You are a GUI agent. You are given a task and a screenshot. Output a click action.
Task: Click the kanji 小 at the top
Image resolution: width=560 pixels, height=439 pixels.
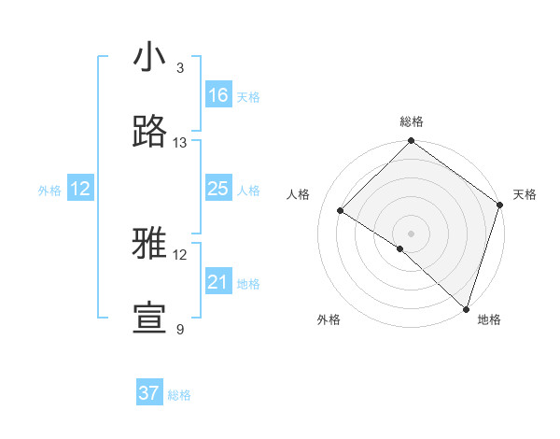click(149, 57)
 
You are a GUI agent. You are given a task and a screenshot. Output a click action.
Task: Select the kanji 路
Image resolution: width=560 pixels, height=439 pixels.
click(149, 132)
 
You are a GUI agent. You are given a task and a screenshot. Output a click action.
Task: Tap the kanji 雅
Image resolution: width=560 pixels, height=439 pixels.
click(149, 244)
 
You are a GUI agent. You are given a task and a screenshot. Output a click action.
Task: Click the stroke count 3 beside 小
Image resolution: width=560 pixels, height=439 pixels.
click(180, 68)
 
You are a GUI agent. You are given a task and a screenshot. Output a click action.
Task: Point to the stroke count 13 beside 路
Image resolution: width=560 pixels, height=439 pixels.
click(180, 143)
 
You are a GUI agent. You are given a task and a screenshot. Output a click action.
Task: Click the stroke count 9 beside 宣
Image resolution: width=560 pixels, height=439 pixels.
click(180, 330)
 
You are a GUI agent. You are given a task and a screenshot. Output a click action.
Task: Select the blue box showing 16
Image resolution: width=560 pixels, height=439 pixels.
click(217, 95)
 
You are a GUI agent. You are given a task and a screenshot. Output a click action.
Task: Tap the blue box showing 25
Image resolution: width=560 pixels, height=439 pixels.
click(217, 189)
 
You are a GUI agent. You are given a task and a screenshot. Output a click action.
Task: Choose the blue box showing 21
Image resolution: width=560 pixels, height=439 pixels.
click(217, 282)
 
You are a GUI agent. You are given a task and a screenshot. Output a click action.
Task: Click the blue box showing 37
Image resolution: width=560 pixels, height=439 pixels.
click(148, 393)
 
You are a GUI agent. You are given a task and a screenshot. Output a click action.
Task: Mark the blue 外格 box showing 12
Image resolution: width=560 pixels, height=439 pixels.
click(80, 189)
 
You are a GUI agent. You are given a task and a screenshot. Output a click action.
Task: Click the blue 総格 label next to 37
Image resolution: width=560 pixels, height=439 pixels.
click(179, 395)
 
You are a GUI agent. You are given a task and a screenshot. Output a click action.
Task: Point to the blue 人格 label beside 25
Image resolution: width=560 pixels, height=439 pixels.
click(248, 191)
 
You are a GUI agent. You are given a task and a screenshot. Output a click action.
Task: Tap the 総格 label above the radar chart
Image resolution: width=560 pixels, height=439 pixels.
click(412, 121)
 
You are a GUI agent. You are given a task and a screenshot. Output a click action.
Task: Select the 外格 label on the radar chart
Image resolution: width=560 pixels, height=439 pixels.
click(329, 320)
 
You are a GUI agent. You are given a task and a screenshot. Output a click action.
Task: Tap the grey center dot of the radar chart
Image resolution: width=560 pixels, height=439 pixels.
click(411, 233)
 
